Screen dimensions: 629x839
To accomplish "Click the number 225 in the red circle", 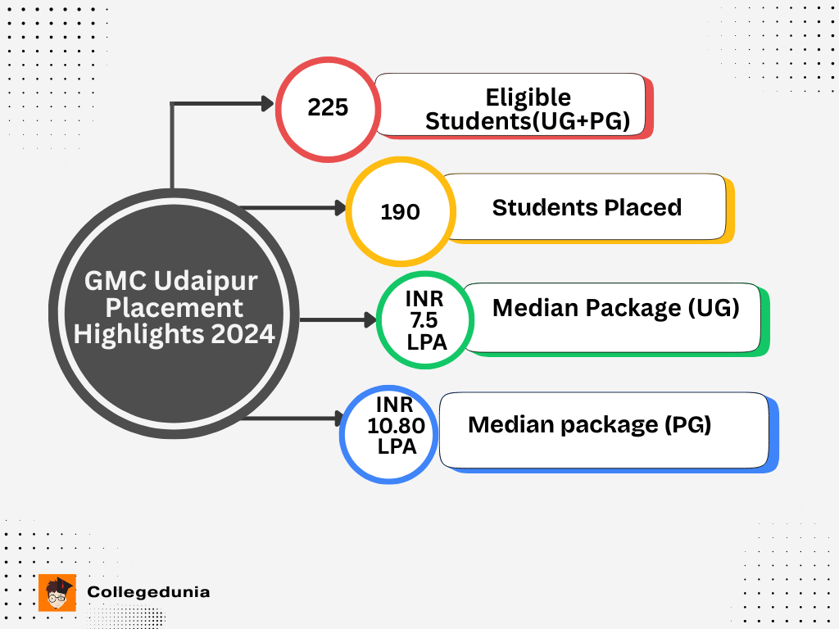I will tap(328, 107).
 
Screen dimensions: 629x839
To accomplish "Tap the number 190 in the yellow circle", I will tap(400, 212).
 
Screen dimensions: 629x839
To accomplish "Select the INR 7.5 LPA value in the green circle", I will tap(426, 320).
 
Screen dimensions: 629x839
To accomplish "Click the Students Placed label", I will tap(587, 207).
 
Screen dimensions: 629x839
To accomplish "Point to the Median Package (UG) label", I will tap(615, 308).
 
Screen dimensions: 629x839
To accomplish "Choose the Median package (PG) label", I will tap(589, 425).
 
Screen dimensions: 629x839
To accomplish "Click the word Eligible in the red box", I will tap(528, 97).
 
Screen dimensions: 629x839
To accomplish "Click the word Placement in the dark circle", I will tap(175, 308).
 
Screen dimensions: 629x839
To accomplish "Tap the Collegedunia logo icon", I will tap(57, 592).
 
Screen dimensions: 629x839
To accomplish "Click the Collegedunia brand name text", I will tap(148, 591).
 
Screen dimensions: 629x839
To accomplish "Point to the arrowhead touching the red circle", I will tap(267, 103).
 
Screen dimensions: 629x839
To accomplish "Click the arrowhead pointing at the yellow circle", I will tap(339, 208).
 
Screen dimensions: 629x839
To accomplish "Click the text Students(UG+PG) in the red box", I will tap(527, 121).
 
